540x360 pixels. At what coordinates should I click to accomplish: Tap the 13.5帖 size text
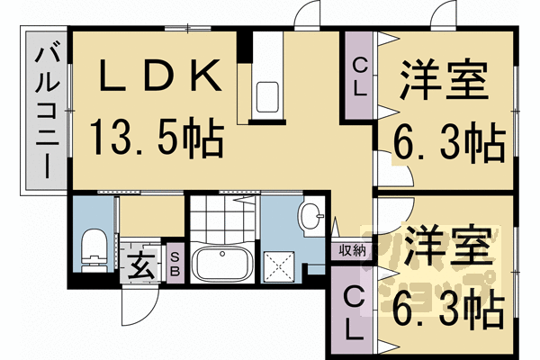point(157,138)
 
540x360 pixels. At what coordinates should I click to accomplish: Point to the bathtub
point(222,262)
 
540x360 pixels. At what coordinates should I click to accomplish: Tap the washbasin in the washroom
point(312,216)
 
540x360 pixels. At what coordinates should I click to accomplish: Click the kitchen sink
point(267,97)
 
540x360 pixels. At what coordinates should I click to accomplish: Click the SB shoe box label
point(175,264)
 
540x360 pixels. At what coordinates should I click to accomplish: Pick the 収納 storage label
point(352,250)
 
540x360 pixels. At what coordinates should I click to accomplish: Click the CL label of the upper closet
point(360,76)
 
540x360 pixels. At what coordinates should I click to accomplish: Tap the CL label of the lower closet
point(355,313)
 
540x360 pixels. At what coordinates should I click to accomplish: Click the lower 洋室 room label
point(447,247)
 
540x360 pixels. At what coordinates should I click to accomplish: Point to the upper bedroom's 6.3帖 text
point(449,144)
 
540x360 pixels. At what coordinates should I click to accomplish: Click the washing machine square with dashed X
point(279,266)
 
